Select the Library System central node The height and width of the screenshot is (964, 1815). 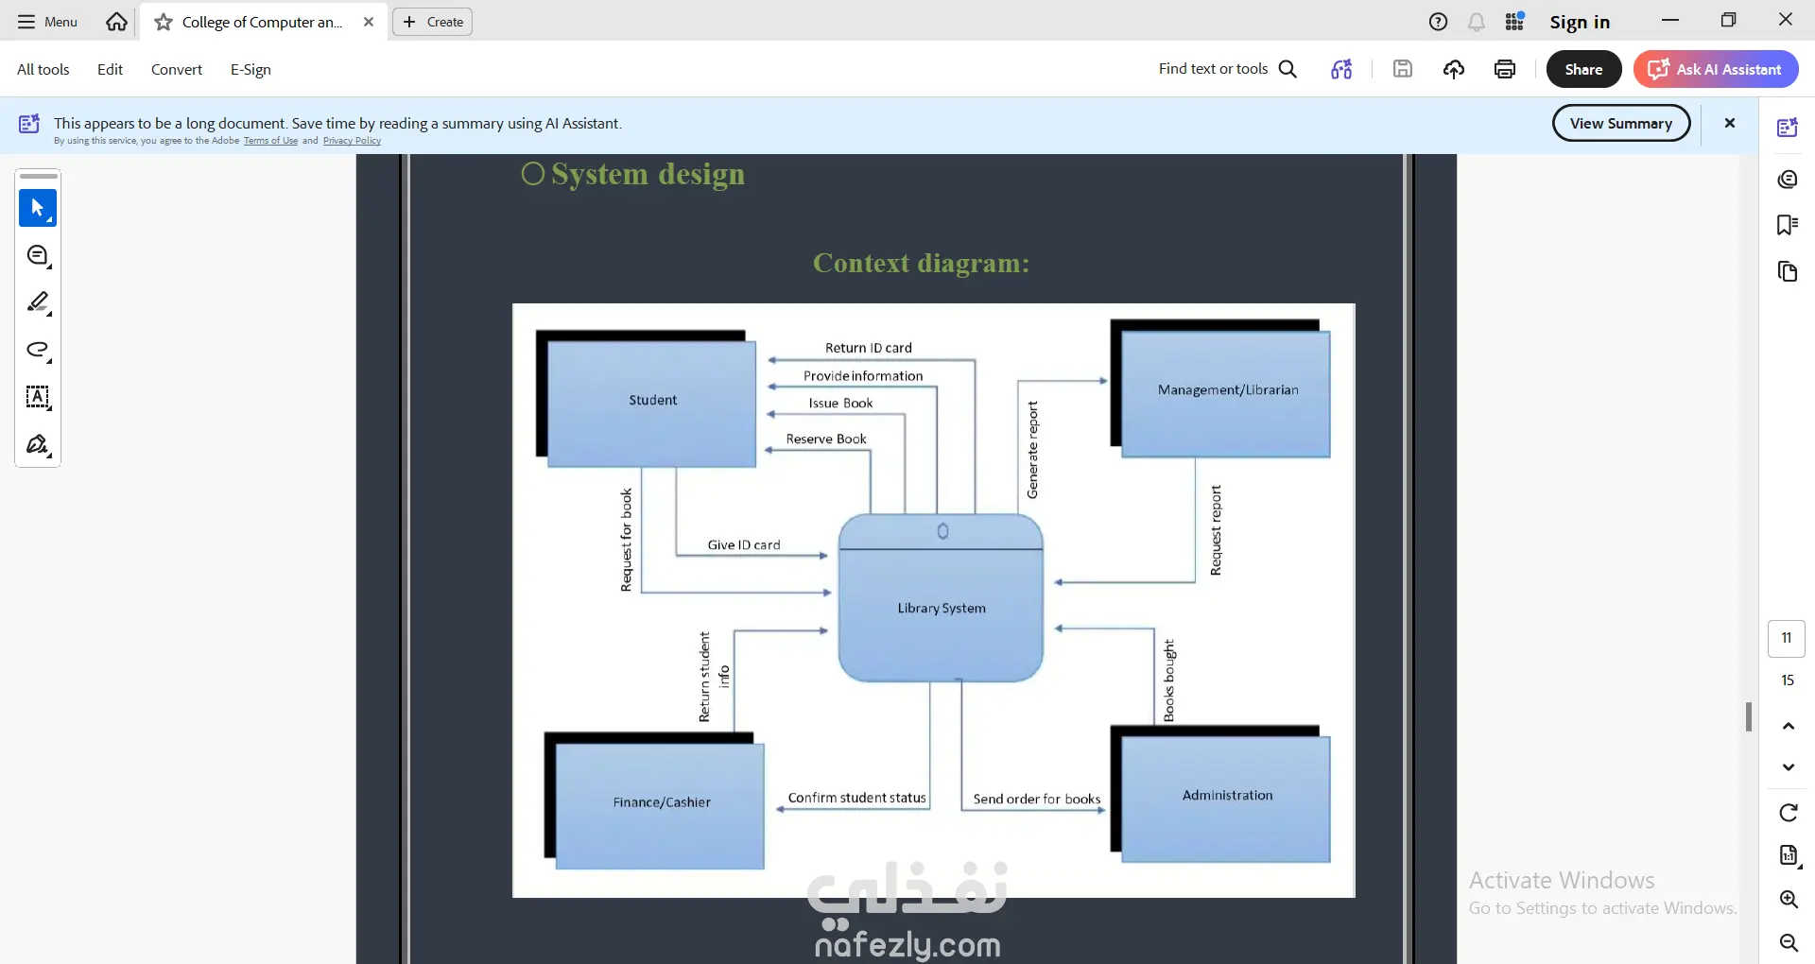click(941, 598)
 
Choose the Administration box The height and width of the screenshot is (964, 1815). click(1225, 798)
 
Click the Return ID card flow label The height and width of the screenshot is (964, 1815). click(869, 348)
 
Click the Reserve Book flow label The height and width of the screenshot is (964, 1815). click(826, 439)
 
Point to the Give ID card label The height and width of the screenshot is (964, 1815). click(744, 544)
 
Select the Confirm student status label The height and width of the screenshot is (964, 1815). click(857, 798)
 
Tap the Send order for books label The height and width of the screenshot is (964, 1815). click(1037, 799)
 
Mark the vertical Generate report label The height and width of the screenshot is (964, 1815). click(1032, 450)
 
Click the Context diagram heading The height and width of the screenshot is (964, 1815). click(922, 263)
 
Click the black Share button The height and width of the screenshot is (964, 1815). click(1583, 69)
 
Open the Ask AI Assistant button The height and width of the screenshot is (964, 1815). click(1716, 69)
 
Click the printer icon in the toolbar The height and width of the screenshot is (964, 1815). click(1505, 69)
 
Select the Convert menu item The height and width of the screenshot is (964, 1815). click(177, 69)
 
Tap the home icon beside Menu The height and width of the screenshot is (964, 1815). click(116, 22)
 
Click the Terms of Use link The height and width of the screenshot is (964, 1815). click(270, 141)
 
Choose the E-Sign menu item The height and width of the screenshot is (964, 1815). click(251, 69)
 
